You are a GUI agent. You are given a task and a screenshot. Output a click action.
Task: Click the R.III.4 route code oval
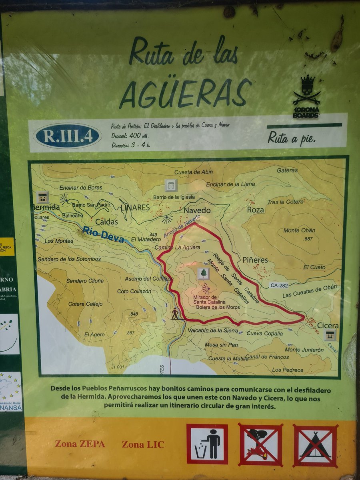click(x=67, y=136)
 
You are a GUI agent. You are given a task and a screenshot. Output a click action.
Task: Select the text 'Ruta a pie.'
click(x=292, y=138)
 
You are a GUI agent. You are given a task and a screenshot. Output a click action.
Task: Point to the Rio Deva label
click(x=104, y=234)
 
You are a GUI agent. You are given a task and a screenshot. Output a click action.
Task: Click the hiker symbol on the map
click(x=175, y=313)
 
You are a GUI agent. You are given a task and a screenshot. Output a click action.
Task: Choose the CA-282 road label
click(x=279, y=285)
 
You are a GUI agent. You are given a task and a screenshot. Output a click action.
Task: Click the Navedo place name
click(x=197, y=210)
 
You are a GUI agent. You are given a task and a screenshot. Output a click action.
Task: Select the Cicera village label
click(x=328, y=326)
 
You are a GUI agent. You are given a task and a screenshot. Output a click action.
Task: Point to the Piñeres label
click(x=255, y=260)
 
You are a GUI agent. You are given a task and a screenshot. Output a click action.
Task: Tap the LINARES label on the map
click(x=135, y=208)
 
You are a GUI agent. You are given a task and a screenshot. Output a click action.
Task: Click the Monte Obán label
click(x=299, y=230)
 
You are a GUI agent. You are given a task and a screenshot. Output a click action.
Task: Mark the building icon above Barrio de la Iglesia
click(x=171, y=185)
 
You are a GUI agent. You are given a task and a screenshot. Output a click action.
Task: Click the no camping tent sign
click(x=315, y=446)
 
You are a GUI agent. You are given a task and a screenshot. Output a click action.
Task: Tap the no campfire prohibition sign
click(x=260, y=445)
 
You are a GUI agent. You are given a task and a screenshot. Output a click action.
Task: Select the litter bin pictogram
click(x=207, y=444)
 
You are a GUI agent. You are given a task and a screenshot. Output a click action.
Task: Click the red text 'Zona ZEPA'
click(x=80, y=444)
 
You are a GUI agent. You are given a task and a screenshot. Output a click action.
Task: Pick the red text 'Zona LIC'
click(x=143, y=444)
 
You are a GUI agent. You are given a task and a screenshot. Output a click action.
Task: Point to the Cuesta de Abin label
click(x=194, y=172)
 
